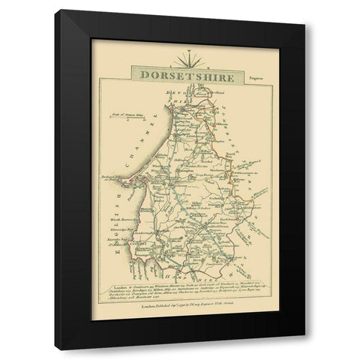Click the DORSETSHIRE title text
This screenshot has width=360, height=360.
tap(179, 76)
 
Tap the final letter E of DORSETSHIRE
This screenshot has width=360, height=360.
tap(220, 76)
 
